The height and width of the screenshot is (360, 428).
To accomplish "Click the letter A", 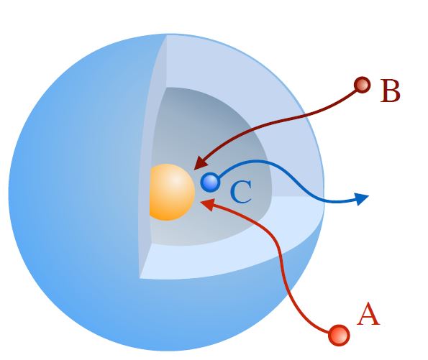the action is [x=368, y=314].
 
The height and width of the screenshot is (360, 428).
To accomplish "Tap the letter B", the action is [x=391, y=91].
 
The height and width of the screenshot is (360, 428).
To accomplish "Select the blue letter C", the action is [x=241, y=192].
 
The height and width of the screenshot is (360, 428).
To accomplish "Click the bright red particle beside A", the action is [x=339, y=335].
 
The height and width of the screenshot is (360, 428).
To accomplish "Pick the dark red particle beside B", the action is [x=363, y=85].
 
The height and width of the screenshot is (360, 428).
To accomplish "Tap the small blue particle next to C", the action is [x=210, y=183].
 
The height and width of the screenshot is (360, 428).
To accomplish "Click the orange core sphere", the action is [x=172, y=192].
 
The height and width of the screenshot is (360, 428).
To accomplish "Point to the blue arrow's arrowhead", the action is [x=362, y=198].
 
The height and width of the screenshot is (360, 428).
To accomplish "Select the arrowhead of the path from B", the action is [x=201, y=163].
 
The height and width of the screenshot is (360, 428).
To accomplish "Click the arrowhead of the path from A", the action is [x=208, y=204].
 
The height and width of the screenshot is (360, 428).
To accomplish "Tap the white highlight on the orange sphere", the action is [x=177, y=180].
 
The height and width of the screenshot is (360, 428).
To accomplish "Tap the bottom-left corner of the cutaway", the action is [x=140, y=279].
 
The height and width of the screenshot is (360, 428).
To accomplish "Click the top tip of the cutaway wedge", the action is [x=166, y=35].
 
